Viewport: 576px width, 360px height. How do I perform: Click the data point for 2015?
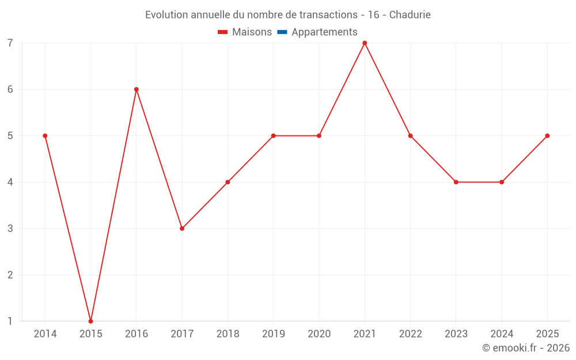(91, 321)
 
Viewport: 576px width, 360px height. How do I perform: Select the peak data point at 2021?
(365, 43)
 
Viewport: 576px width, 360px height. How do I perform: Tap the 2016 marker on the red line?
(137, 89)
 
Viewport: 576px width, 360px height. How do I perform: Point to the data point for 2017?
(182, 229)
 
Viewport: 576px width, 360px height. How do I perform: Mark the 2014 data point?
(45, 136)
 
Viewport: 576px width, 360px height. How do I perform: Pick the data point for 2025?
(547, 136)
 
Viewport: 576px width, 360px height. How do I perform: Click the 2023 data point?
(456, 182)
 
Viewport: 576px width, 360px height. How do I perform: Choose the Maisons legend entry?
(245, 32)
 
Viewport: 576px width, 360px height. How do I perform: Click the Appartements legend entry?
(317, 32)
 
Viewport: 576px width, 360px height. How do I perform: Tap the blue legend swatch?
(282, 32)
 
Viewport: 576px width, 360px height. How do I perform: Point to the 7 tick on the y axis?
(10, 43)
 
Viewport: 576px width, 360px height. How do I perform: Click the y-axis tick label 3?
(10, 229)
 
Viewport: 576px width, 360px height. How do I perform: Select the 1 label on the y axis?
(10, 321)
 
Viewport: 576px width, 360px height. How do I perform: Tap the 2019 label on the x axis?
(273, 334)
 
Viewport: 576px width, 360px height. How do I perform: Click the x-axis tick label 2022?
(410, 334)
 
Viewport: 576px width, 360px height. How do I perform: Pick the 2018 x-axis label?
(228, 334)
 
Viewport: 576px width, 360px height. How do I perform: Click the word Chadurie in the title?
(410, 15)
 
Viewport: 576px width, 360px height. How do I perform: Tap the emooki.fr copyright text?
(526, 347)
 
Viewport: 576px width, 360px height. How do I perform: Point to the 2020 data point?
(319, 136)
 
